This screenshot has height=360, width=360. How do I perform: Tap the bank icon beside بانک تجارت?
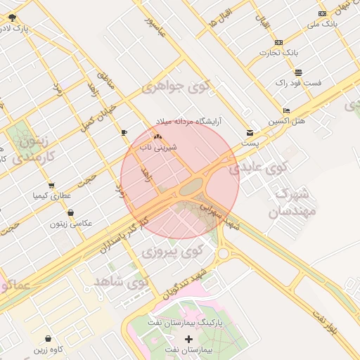278,42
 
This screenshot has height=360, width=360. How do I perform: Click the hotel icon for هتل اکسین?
285,111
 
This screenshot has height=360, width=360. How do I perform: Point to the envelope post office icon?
250,132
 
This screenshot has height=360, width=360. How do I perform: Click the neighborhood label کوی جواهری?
176,87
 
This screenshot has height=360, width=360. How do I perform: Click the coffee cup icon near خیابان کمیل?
124,131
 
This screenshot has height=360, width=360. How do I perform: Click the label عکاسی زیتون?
70,224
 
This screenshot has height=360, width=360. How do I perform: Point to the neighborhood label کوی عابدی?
259,167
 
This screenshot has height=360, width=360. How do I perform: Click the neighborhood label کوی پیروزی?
172,250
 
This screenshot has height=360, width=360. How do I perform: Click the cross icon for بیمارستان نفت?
188,340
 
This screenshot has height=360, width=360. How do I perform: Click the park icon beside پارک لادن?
13,18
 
